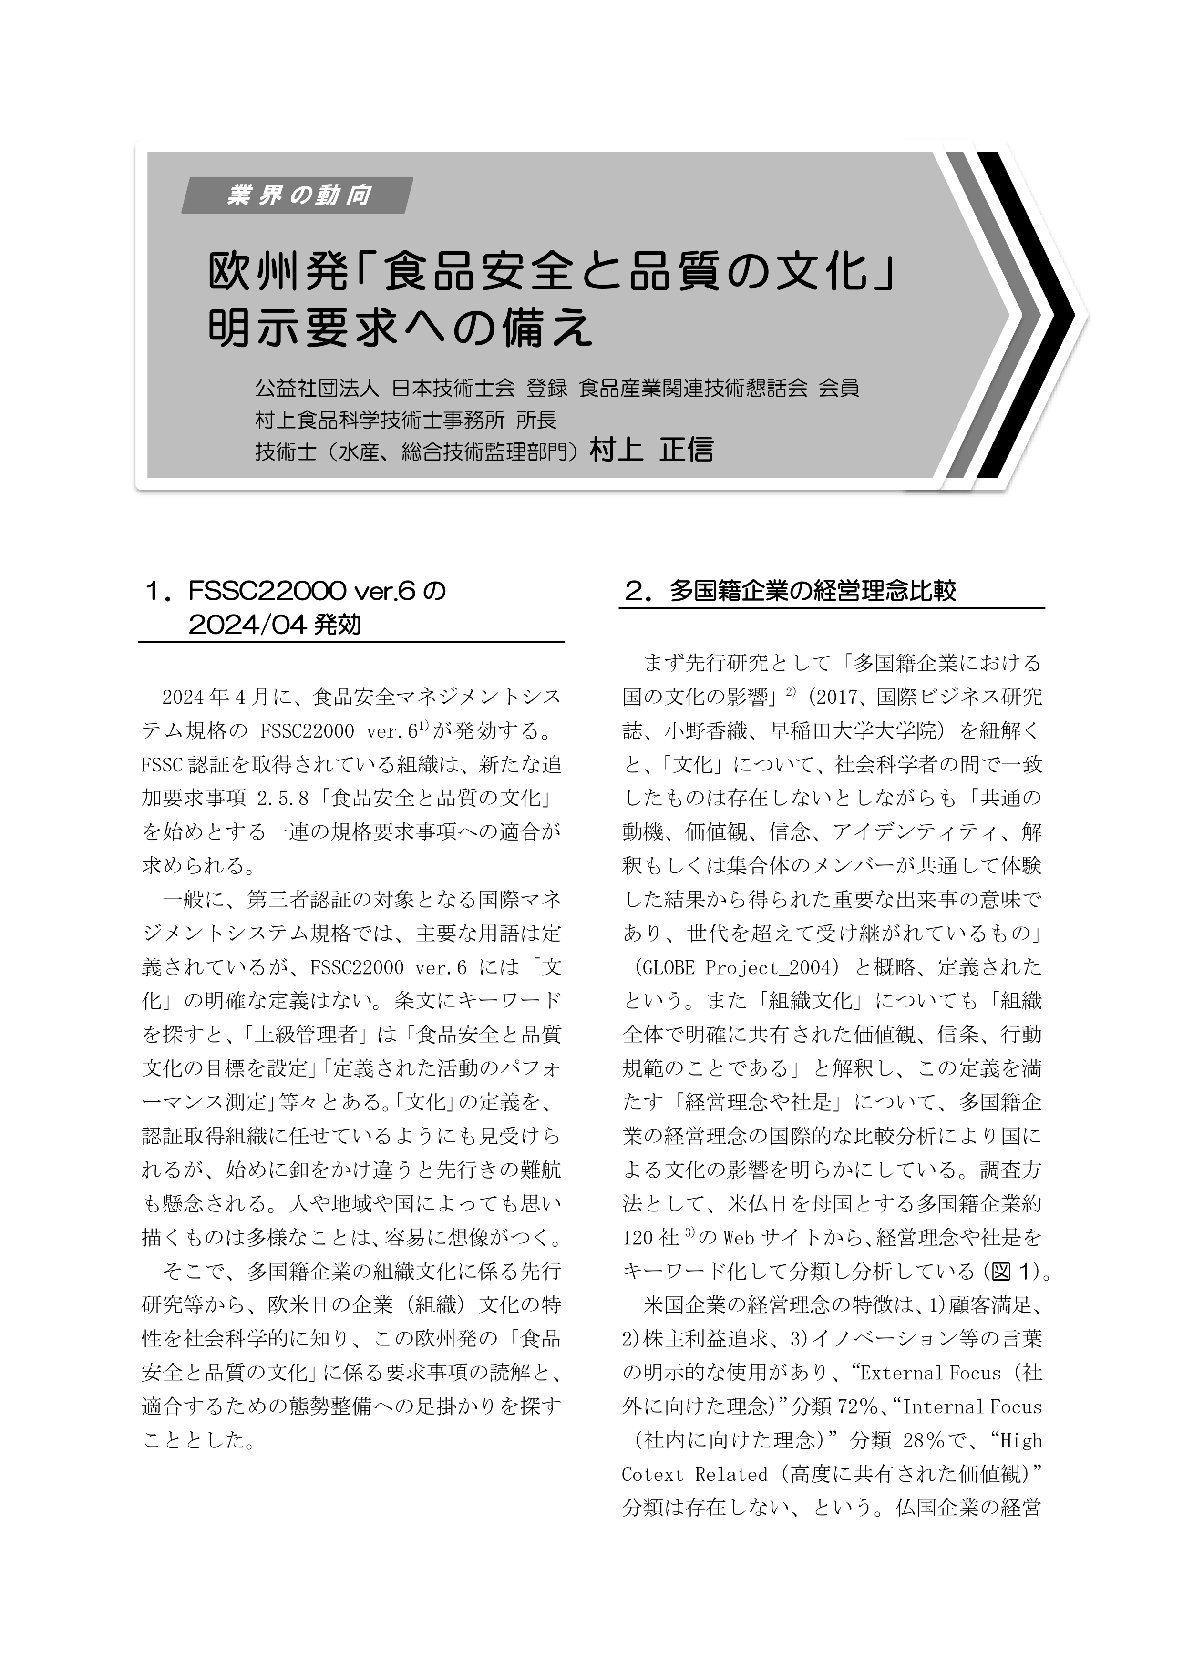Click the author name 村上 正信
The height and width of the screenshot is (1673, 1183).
651,450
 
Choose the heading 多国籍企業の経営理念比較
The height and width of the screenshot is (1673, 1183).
812,591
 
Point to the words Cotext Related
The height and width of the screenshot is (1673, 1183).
695,1474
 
